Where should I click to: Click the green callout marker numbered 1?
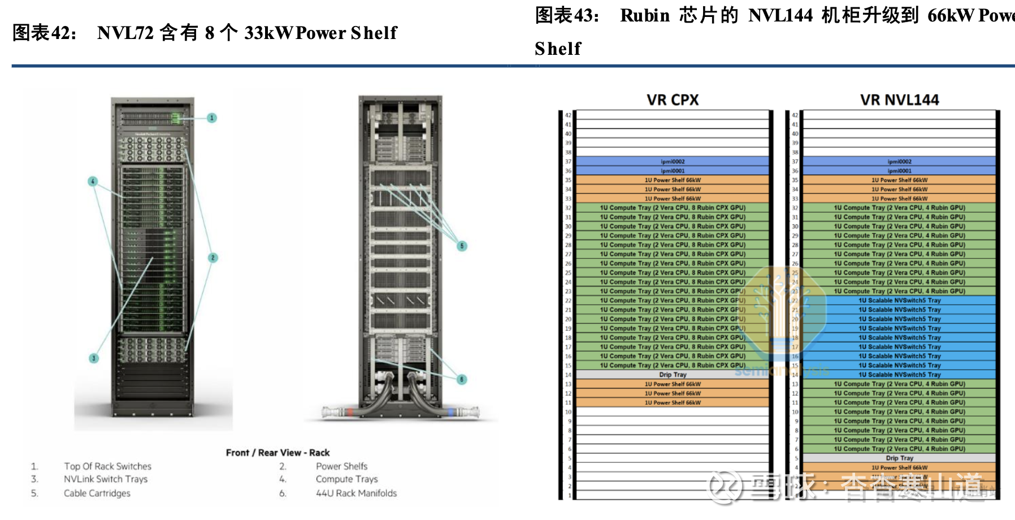(212, 118)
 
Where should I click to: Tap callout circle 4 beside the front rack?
(93, 181)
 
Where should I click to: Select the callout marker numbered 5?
(462, 246)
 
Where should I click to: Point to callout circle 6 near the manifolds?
(462, 379)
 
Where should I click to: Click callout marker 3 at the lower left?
(94, 358)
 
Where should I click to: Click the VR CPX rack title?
(673, 100)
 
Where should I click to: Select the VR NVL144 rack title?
(899, 100)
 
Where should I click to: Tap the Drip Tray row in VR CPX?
(673, 375)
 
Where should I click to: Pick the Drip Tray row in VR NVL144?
(899, 458)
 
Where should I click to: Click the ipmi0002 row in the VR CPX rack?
(673, 162)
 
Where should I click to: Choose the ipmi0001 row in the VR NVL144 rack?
(899, 171)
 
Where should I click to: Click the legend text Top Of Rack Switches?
(107, 466)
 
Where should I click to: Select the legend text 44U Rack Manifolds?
(356, 493)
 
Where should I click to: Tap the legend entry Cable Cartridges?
(97, 493)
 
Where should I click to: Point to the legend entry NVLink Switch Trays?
(106, 479)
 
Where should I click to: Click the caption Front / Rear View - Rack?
(277, 453)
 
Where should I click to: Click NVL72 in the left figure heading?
(125, 33)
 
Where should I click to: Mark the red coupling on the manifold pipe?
(351, 412)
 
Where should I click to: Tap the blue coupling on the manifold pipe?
(450, 412)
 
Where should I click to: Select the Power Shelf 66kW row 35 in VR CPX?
(673, 180)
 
